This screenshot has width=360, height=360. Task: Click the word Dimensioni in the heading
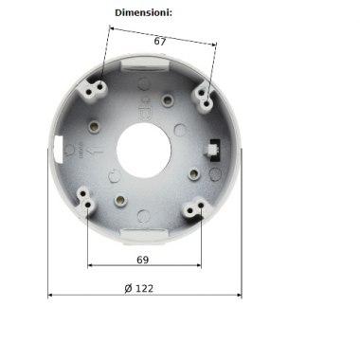[144, 13]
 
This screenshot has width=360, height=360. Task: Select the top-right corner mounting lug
[206, 94]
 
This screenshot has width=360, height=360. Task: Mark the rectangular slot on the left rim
[60, 147]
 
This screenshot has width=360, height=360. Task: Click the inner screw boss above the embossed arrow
[93, 123]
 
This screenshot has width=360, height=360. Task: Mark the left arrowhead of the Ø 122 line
[50, 296]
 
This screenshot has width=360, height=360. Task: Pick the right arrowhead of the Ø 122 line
[238, 296]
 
